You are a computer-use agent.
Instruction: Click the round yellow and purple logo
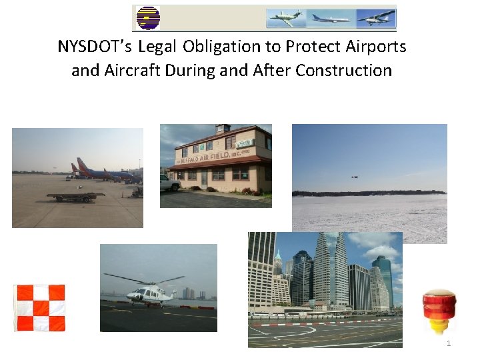coord(147,18)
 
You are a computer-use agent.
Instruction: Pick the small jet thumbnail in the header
coord(285,18)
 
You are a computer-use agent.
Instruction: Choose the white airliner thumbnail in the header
coord(330,18)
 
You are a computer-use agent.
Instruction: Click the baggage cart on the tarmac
coord(75,196)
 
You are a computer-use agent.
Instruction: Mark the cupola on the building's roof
coord(222,129)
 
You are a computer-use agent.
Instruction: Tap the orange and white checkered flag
coord(41,308)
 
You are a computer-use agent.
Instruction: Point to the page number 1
coord(449,343)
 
